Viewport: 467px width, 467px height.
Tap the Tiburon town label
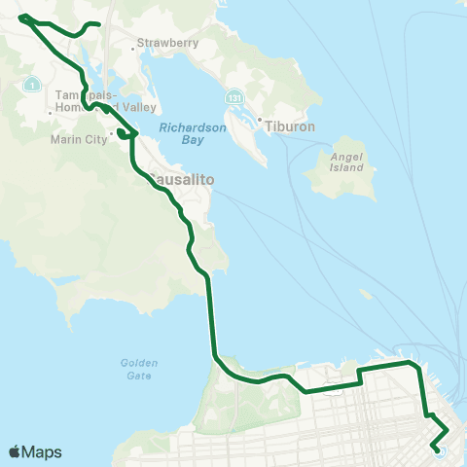click(x=288, y=125)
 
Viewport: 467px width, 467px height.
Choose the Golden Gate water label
click(x=139, y=369)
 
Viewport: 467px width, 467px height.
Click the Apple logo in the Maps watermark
click(x=16, y=451)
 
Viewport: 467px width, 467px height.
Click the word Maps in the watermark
click(x=42, y=451)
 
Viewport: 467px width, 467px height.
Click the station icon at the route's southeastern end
click(x=439, y=449)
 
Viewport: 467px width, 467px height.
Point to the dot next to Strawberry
click(x=133, y=44)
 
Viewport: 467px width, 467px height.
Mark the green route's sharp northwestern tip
click(x=20, y=18)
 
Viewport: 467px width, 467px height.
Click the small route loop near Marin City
click(x=124, y=135)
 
